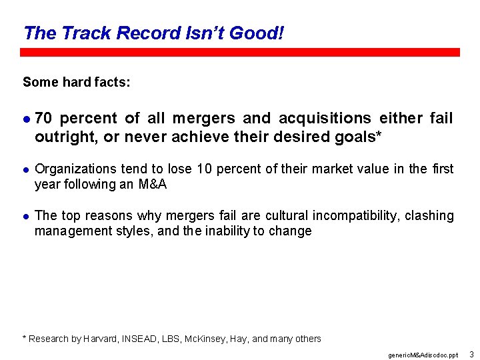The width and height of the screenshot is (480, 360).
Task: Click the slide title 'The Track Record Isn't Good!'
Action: tap(153, 33)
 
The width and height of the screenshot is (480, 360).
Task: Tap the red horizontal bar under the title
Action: tap(240, 52)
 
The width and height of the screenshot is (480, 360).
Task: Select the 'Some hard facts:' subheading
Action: tap(77, 82)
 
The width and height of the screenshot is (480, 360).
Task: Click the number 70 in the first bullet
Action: tap(44, 119)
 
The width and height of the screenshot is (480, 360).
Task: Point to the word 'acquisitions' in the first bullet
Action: tap(325, 119)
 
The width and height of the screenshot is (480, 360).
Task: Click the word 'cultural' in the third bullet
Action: tap(287, 216)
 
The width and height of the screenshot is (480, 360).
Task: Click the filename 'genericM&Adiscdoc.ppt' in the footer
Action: tap(423, 355)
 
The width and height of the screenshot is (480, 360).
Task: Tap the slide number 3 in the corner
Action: tap(471, 354)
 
